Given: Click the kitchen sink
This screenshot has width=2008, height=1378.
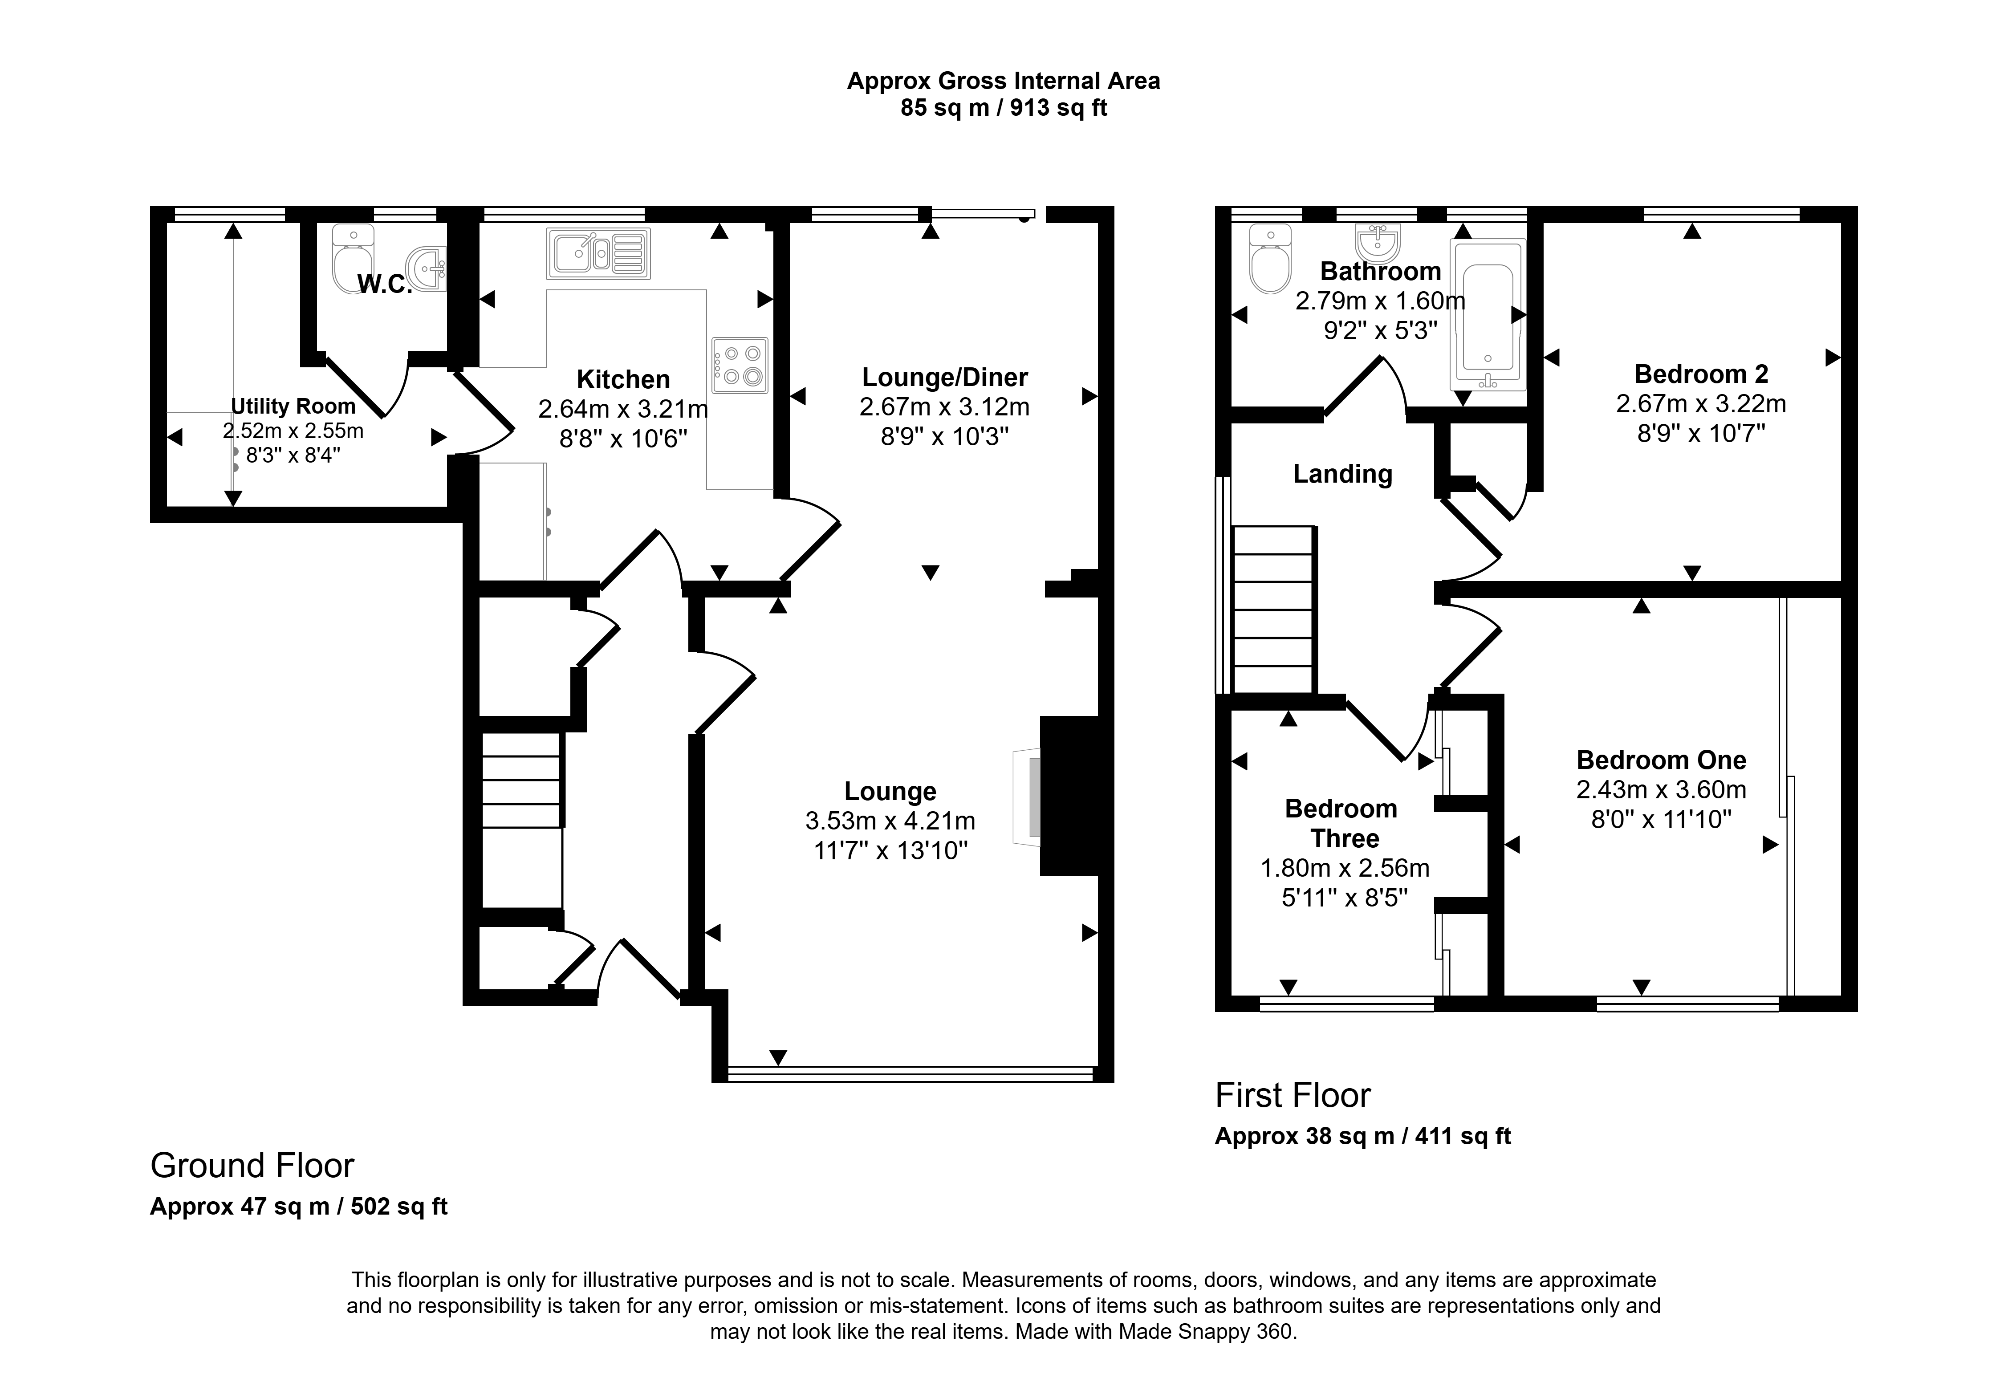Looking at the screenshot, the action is click(x=598, y=254).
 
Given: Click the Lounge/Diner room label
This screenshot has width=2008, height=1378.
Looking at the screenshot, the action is click(x=944, y=378).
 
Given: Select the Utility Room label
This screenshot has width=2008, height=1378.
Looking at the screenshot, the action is click(x=293, y=406).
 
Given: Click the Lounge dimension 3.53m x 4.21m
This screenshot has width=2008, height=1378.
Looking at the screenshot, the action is click(x=890, y=821).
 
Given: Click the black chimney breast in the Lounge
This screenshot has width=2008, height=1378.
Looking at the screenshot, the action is click(x=1069, y=796).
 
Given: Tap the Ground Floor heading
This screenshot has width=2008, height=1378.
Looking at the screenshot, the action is click(x=252, y=1167).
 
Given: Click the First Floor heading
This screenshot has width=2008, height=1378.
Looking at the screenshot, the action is click(x=1293, y=1095).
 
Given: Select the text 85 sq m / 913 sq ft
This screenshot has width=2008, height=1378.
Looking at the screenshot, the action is click(x=1004, y=108).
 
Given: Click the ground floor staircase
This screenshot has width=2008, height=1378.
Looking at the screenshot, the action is click(x=522, y=820).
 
